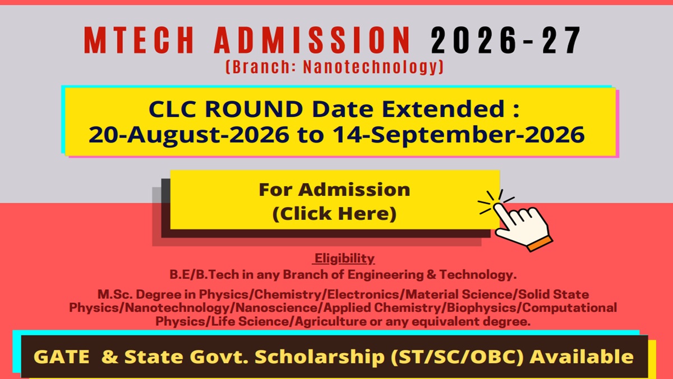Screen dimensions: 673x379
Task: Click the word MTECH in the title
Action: click(139, 40)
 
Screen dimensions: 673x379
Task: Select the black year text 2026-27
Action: click(505, 40)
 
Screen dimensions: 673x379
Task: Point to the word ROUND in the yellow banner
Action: click(254, 108)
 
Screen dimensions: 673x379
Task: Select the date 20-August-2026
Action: click(189, 135)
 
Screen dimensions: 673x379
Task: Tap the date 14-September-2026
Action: click(459, 135)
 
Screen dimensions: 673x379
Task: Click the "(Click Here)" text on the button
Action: click(334, 213)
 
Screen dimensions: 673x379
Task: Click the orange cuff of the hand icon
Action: click(540, 244)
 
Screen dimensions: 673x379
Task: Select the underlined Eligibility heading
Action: click(344, 258)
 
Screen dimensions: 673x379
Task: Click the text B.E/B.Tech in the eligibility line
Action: click(204, 275)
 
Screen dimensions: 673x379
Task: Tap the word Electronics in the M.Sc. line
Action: click(364, 294)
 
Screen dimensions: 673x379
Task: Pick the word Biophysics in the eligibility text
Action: click(483, 308)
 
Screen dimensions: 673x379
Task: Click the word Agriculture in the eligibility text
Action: click(330, 322)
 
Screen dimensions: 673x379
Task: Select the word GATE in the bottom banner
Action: click(61, 357)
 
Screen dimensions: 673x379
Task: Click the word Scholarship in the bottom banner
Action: click(320, 357)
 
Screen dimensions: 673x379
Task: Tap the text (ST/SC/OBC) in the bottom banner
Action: click(457, 357)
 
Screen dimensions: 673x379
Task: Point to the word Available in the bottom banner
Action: click(582, 357)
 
